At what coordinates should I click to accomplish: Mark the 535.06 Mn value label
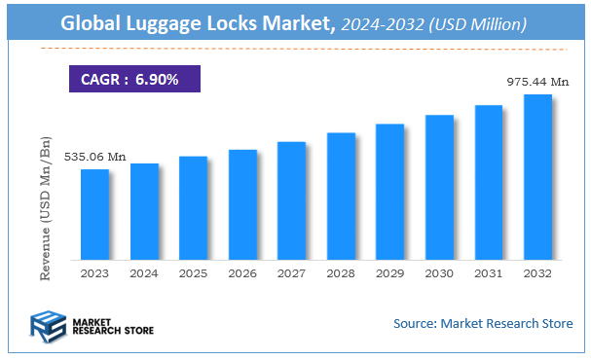click(x=95, y=156)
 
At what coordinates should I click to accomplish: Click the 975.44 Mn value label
click(x=537, y=82)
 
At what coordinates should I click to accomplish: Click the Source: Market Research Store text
click(x=482, y=323)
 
